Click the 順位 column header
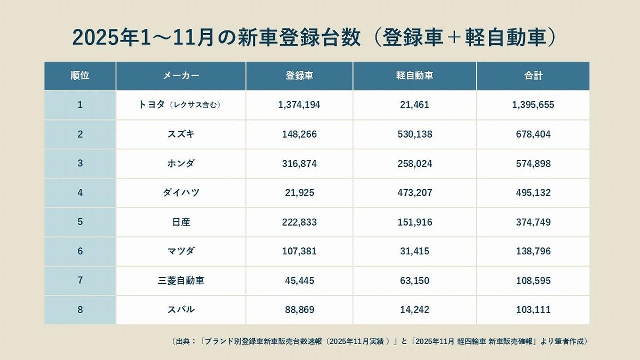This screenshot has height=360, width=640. pos(80,76)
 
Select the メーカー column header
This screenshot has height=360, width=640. pos(181,76)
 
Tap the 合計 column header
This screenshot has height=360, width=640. pos(533,76)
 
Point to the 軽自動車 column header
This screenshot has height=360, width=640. pos(414,76)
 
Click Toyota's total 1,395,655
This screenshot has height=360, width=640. pos(533,105)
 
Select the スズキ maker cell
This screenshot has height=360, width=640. pos(181,134)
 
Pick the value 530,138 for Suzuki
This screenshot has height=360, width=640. pos(414,134)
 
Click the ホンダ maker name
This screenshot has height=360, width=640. pos(181,164)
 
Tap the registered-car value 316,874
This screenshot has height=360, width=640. pos(299,164)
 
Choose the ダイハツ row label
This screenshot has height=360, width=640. pos(181,193)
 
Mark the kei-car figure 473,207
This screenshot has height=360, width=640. pos(414,193)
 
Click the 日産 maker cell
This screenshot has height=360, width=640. pos(181,222)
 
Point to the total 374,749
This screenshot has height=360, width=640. pos(533,222)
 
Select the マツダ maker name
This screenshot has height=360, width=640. pos(181,251)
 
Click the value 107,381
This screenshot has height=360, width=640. pos(299,251)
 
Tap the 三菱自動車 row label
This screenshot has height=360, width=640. pos(181,281)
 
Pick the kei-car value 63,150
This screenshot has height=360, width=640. pos(414,281)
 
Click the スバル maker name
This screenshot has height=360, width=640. pos(181,309)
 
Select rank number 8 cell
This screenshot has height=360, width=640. pos(80,309)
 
